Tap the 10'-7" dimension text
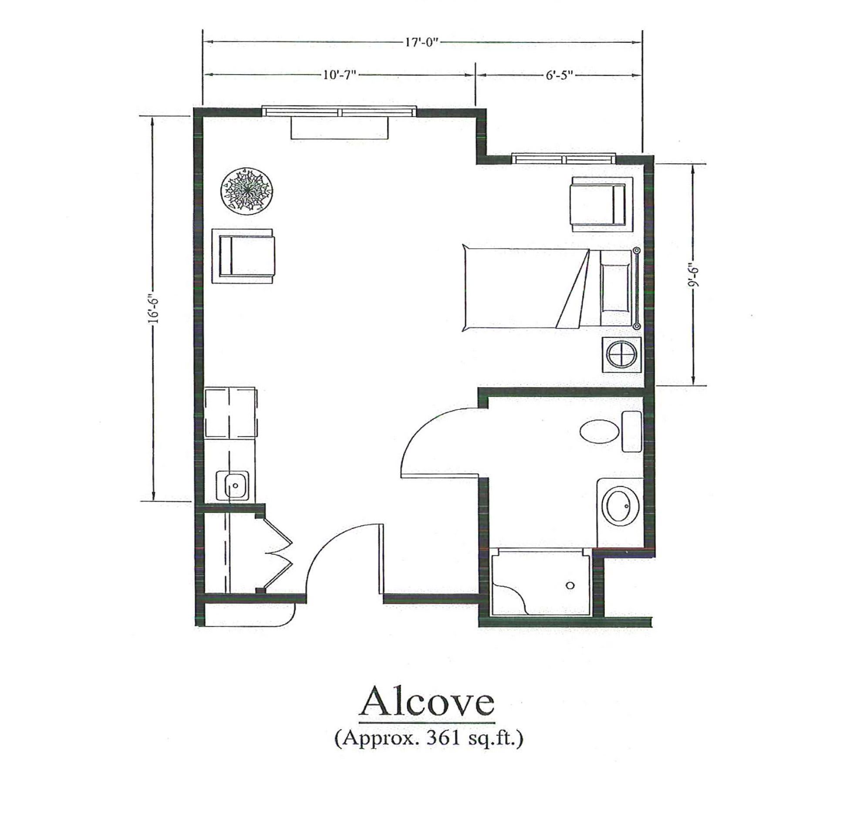[340, 75]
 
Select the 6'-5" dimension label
[560, 75]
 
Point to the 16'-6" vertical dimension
[153, 310]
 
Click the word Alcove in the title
[426, 704]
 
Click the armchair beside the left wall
[243, 256]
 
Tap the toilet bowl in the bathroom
[600, 432]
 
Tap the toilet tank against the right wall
[631, 432]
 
